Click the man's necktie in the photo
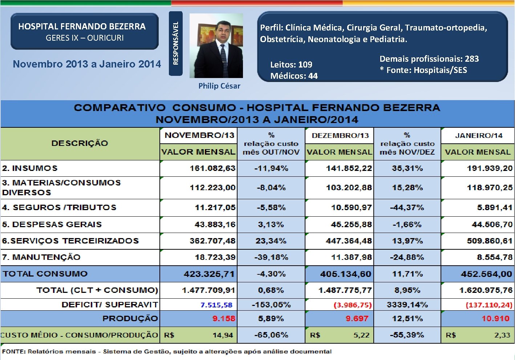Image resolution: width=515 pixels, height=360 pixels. pyautogui.click(x=223, y=56)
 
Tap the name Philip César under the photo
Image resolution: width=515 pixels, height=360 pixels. pyautogui.click(x=219, y=86)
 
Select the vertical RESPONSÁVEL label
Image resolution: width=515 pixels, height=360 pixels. pyautogui.click(x=176, y=43)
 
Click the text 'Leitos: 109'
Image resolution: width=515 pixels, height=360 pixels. pyautogui.click(x=291, y=65)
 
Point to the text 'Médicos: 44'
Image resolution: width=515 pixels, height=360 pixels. pyautogui.click(x=294, y=76)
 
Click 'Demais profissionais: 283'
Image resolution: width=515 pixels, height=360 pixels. pyautogui.click(x=429, y=59)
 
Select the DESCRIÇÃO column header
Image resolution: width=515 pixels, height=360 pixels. pyautogui.click(x=80, y=143)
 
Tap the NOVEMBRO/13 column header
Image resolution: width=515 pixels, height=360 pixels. pyautogui.click(x=199, y=135)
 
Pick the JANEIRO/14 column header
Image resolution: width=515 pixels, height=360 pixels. pyautogui.click(x=478, y=136)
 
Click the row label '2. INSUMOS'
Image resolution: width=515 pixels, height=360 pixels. pyautogui.click(x=30, y=168)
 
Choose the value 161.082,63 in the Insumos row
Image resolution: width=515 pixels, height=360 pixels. pyautogui.click(x=212, y=168)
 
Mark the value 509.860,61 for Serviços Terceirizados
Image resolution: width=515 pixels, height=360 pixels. pyautogui.click(x=489, y=241)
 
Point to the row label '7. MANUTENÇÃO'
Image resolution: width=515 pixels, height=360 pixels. pyautogui.click(x=41, y=257)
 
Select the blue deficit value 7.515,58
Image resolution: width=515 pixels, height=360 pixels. pyautogui.click(x=216, y=305)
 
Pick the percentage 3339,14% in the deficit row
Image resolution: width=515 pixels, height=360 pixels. pyautogui.click(x=407, y=304)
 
